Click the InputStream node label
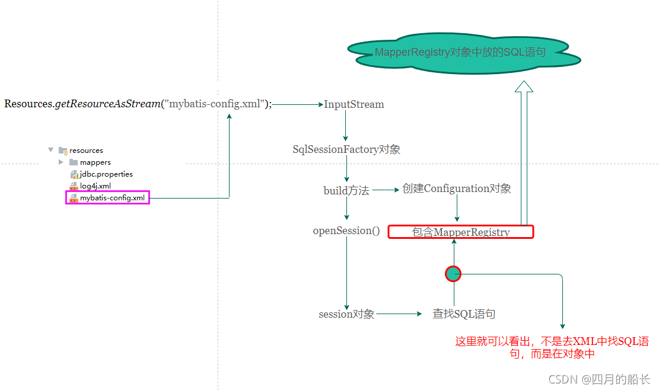354,104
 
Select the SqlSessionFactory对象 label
346,149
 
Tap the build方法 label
346,190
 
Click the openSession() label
346,231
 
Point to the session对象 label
346,314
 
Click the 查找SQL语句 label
464,314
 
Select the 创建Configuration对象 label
457,188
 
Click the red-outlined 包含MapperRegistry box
461,232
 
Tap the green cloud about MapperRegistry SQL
460,53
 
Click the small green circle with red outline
453,273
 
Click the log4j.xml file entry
95,186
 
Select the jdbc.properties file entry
106,174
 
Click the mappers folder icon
74,162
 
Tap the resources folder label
86,151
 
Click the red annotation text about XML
552,347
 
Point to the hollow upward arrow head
524,87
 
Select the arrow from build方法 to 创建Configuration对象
386,190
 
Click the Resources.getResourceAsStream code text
138,104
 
